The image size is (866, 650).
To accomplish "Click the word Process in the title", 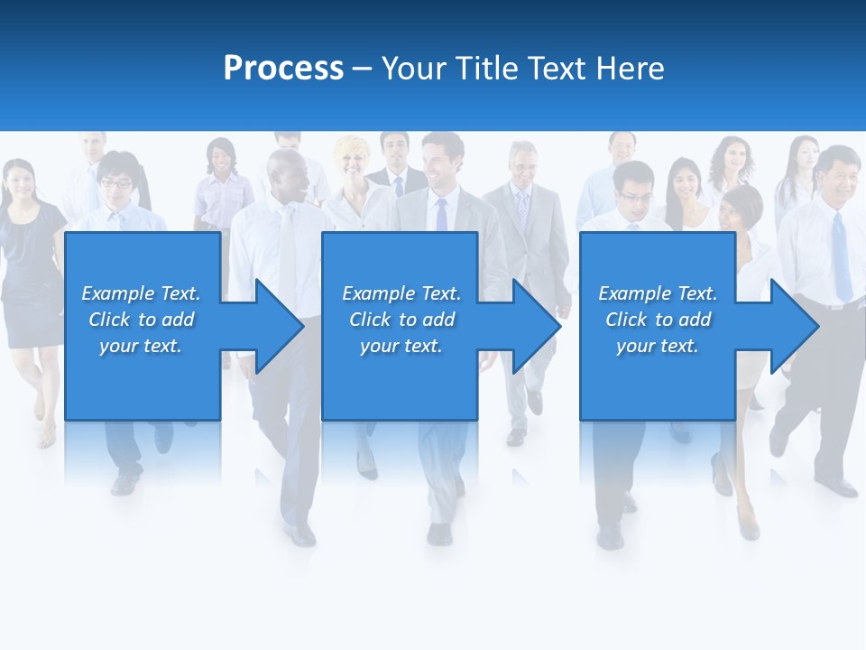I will (283, 69).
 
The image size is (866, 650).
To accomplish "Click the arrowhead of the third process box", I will (794, 326).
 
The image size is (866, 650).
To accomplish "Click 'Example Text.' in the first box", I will (141, 293).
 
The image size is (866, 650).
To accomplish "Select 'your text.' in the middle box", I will (401, 346).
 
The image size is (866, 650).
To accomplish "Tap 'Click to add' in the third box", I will (658, 320).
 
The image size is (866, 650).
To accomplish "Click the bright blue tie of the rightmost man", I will (841, 257).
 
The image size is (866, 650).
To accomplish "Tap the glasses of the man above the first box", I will (115, 183).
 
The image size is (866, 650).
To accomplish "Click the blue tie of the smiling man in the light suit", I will (441, 215).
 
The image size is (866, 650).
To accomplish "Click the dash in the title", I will (362, 69).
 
